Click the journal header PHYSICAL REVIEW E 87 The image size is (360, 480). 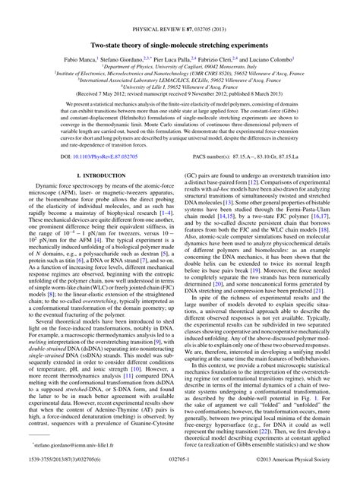pos(179,7)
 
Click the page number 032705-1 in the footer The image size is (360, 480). pos(180,470)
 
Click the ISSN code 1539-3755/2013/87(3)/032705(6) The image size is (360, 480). pos(58,470)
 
